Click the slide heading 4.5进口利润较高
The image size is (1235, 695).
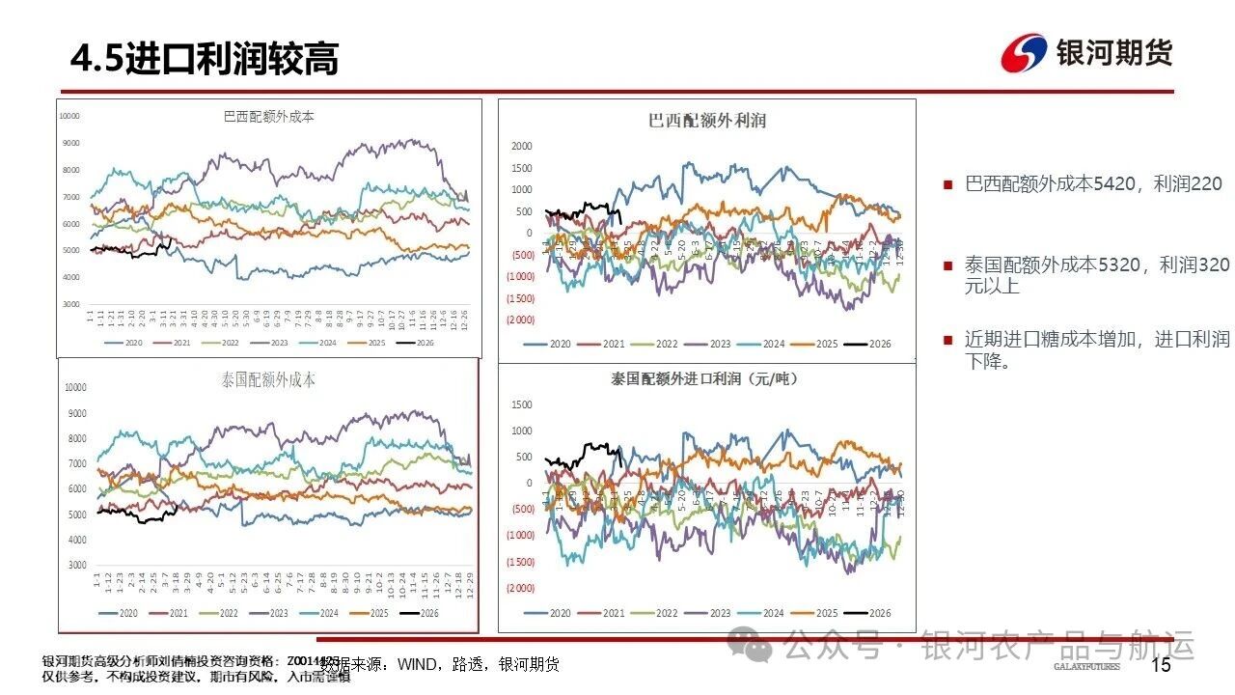pyautogui.click(x=205, y=60)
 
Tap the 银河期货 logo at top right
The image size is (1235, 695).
pyautogui.click(x=1087, y=52)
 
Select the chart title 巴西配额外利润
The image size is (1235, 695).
pyautogui.click(x=707, y=121)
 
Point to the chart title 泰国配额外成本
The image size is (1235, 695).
pyautogui.click(x=268, y=379)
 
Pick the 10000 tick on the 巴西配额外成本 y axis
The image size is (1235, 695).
pyautogui.click(x=69, y=116)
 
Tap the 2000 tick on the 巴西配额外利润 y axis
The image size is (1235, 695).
pyautogui.click(x=521, y=147)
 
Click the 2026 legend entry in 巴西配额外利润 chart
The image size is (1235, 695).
pyautogui.click(x=866, y=345)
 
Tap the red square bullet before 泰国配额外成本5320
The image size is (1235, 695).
pyautogui.click(x=948, y=265)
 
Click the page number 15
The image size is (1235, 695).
pyautogui.click(x=1161, y=664)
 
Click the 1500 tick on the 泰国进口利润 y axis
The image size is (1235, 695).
pyautogui.click(x=522, y=404)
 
